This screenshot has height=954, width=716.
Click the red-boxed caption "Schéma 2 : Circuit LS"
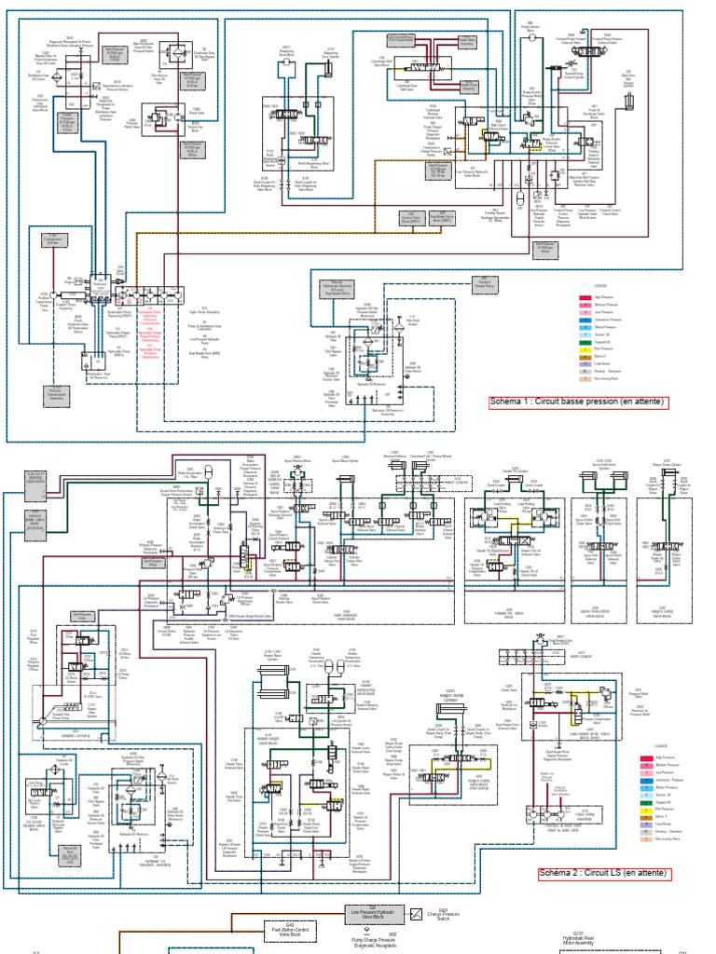click(605, 874)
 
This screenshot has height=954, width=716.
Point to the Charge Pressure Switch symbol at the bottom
click(417, 915)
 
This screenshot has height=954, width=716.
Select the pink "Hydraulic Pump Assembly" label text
click(152, 330)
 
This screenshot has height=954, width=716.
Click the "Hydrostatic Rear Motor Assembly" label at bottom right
click(577, 940)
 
